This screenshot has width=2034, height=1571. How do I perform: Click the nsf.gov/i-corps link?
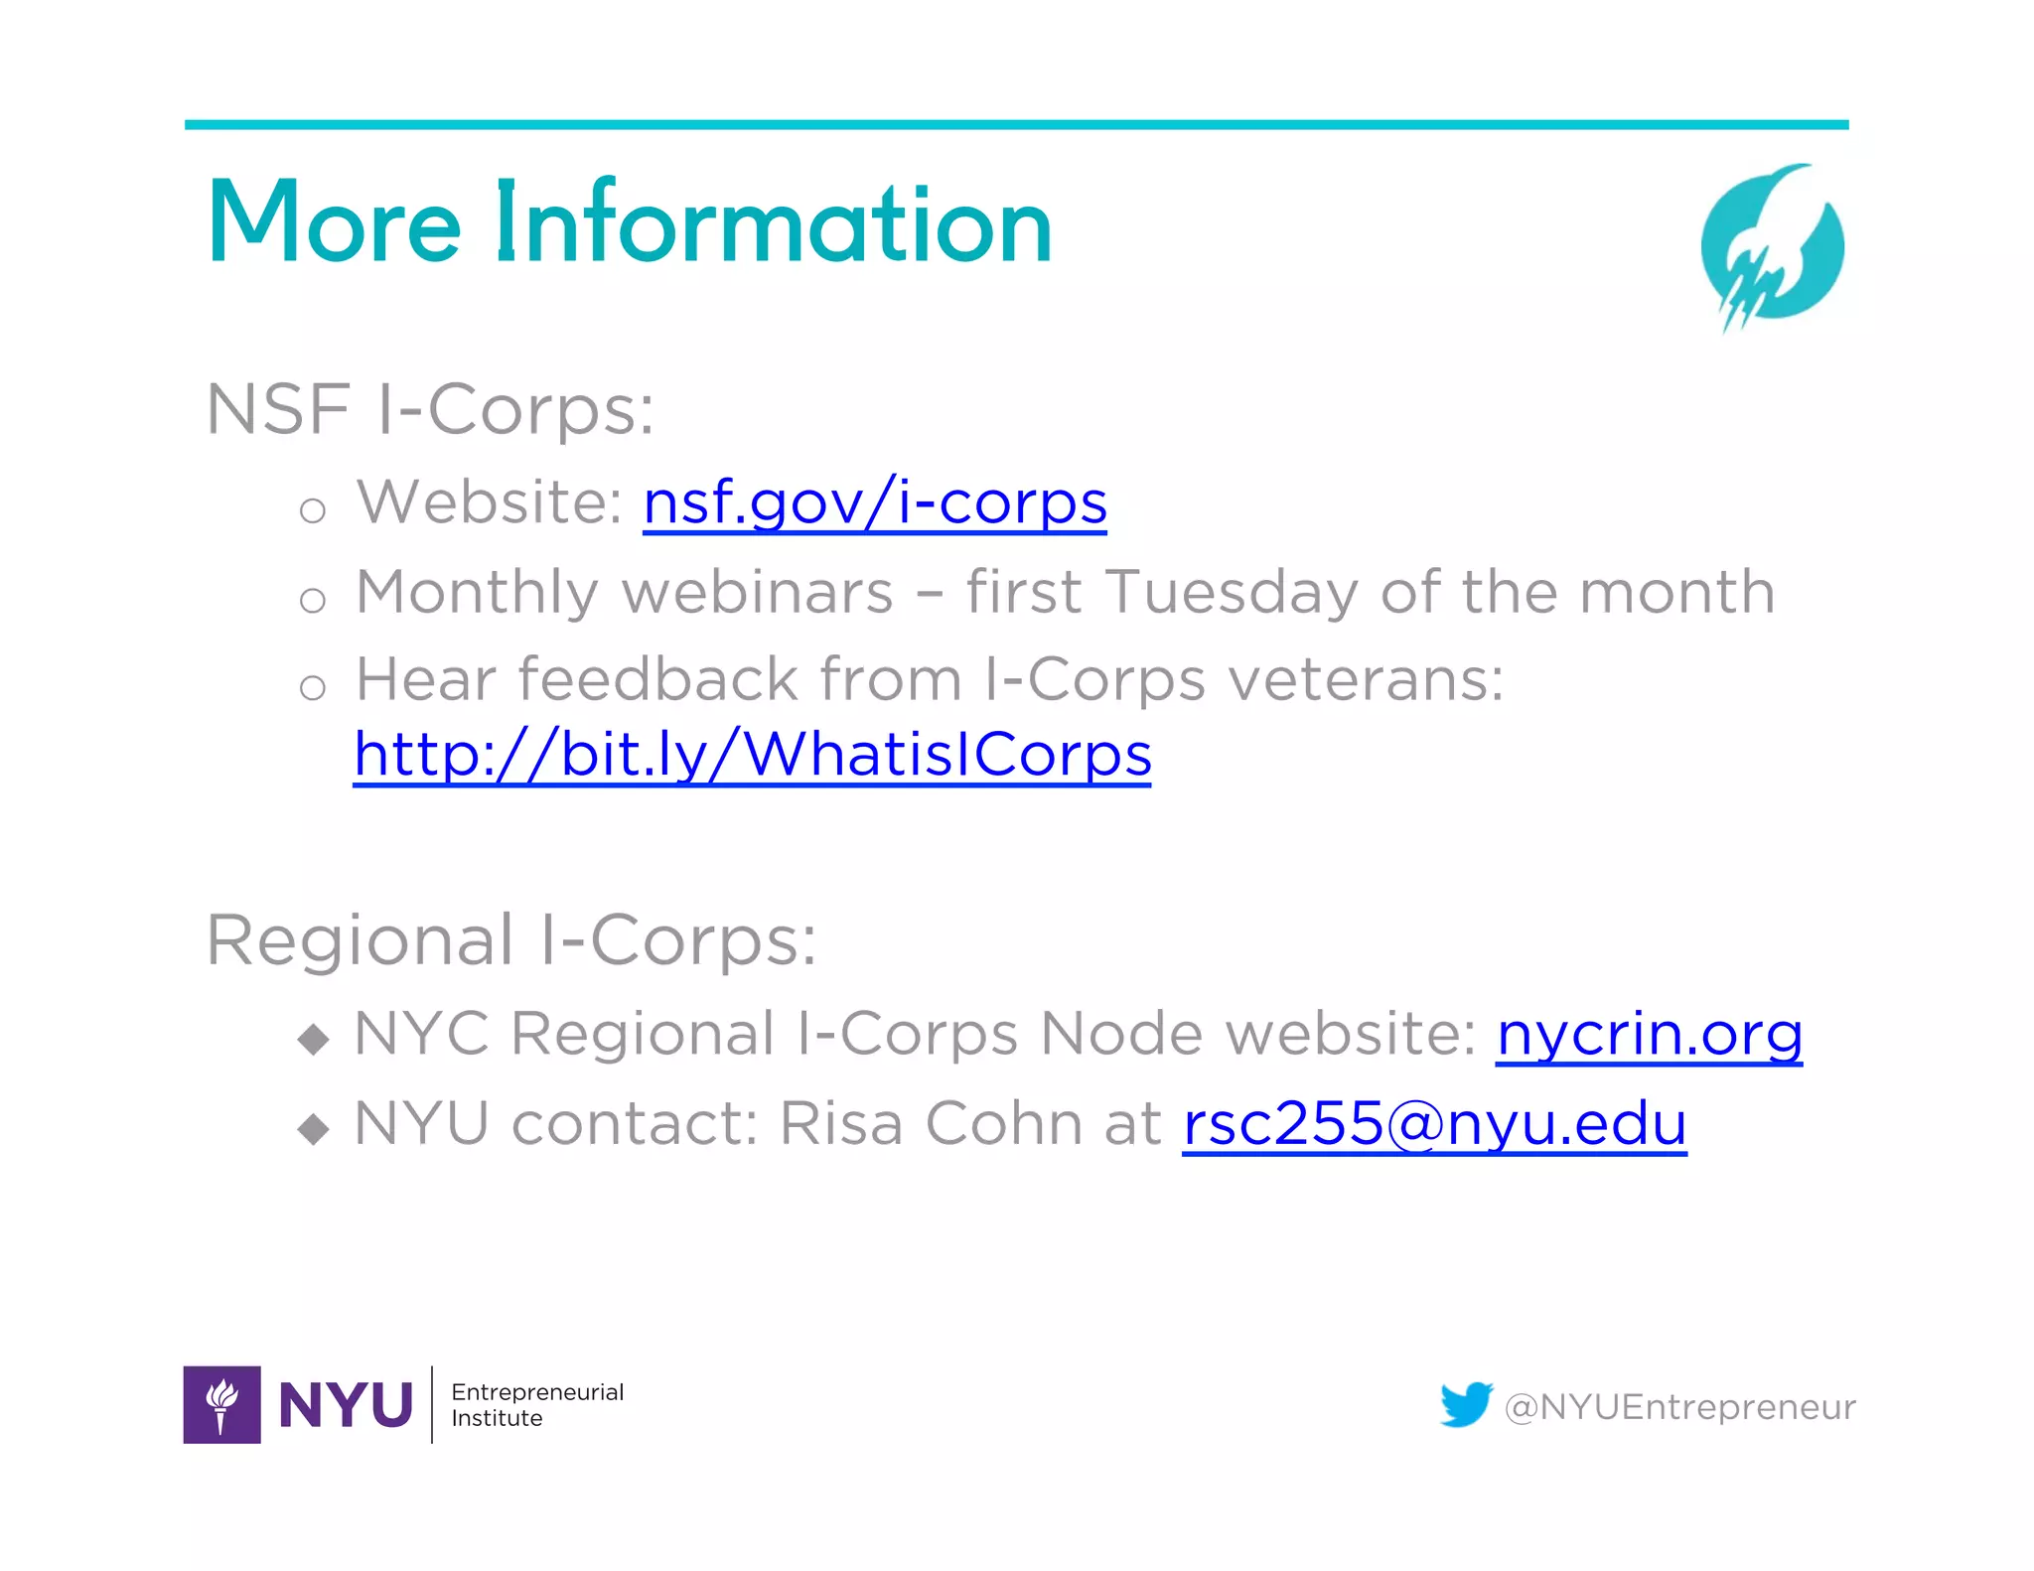(874, 502)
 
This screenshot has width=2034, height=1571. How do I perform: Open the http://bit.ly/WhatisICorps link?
(752, 755)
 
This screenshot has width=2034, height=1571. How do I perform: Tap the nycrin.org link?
(1649, 1034)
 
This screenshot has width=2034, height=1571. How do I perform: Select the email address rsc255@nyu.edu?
(1434, 1123)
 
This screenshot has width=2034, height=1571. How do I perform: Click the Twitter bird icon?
(1466, 1404)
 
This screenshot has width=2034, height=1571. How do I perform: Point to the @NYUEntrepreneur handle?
(1679, 1407)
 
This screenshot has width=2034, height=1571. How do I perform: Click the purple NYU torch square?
(221, 1404)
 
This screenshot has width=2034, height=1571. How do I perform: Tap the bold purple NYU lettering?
(346, 1405)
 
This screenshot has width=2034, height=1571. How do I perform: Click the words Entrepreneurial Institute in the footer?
(536, 1404)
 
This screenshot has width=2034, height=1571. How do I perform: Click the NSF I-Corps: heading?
(429, 409)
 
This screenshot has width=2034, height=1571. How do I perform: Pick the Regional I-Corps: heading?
(510, 939)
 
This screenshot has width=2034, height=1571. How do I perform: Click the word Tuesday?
(1232, 593)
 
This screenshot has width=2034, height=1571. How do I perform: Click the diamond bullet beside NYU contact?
(314, 1128)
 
